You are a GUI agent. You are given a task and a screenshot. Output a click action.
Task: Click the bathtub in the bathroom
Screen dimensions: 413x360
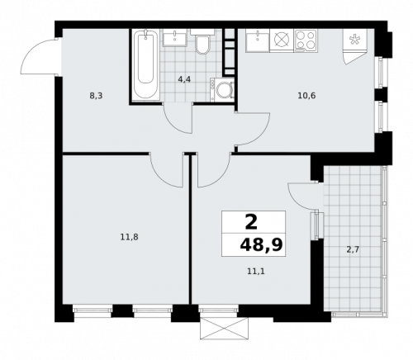(145, 65)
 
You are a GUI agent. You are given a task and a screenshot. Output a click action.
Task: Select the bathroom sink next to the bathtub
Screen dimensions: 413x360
(175, 38)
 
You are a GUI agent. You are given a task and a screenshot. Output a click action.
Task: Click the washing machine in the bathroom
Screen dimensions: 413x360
(222, 89)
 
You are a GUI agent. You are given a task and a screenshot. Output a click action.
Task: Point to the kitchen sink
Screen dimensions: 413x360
(258, 40)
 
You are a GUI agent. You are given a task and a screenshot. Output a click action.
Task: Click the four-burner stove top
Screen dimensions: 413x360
(306, 40)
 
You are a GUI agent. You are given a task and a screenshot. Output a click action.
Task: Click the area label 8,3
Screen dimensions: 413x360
(96, 96)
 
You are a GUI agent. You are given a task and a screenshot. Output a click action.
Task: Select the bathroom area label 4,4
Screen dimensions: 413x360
(184, 79)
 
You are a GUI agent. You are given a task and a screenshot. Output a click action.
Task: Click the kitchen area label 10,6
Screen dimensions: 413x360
(306, 96)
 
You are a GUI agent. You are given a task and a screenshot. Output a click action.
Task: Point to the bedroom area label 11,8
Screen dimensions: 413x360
(129, 237)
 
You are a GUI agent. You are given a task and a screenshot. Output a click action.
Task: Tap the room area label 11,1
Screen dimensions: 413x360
(256, 272)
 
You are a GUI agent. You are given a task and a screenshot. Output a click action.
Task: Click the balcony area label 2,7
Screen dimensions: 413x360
(353, 250)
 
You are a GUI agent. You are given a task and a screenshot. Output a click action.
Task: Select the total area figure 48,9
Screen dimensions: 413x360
(261, 245)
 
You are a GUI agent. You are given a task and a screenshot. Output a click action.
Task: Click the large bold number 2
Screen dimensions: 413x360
(251, 222)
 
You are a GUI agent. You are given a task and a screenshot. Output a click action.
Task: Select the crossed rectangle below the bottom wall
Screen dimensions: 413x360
(225, 329)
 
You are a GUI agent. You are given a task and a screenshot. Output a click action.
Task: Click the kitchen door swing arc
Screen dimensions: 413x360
(261, 136)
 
